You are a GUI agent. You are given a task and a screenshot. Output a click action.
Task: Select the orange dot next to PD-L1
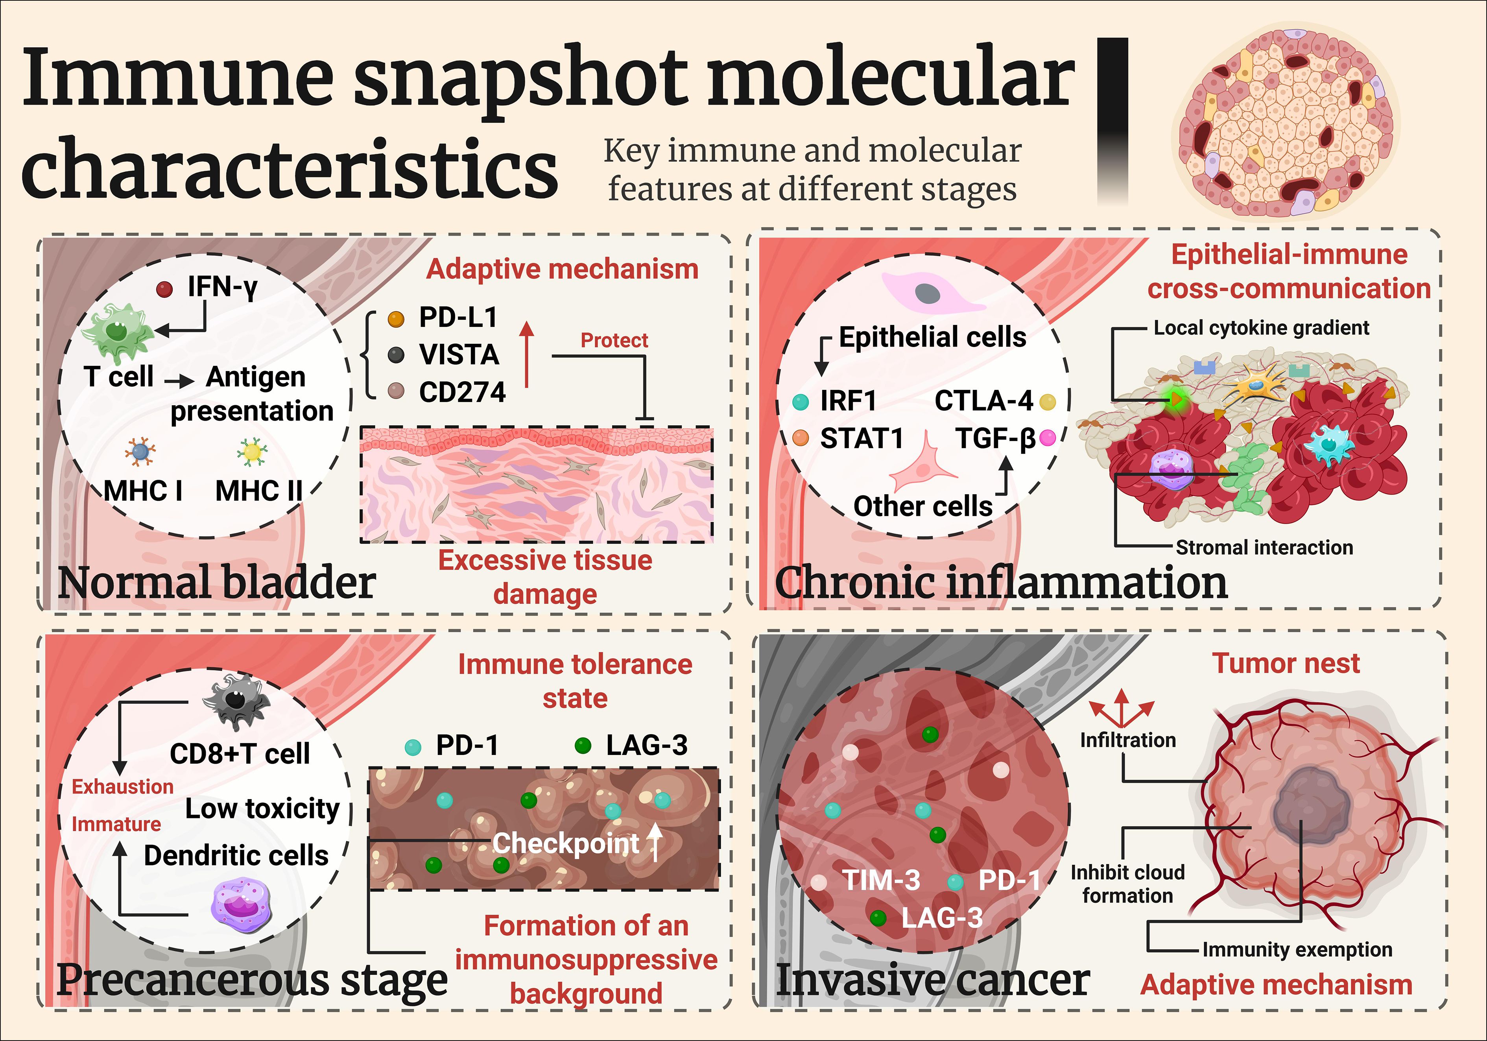[x=396, y=319]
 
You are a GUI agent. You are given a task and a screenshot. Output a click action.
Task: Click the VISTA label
[x=459, y=354]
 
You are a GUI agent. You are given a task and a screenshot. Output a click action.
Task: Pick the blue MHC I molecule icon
[x=140, y=452]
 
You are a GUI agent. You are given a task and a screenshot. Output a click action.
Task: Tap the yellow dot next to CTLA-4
[x=1047, y=402]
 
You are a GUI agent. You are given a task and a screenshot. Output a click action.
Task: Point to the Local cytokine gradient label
[x=1261, y=328]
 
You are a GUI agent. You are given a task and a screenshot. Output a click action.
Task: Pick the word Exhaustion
[x=122, y=786]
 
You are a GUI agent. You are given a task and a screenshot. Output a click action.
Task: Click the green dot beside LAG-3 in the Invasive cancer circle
[x=878, y=917]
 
